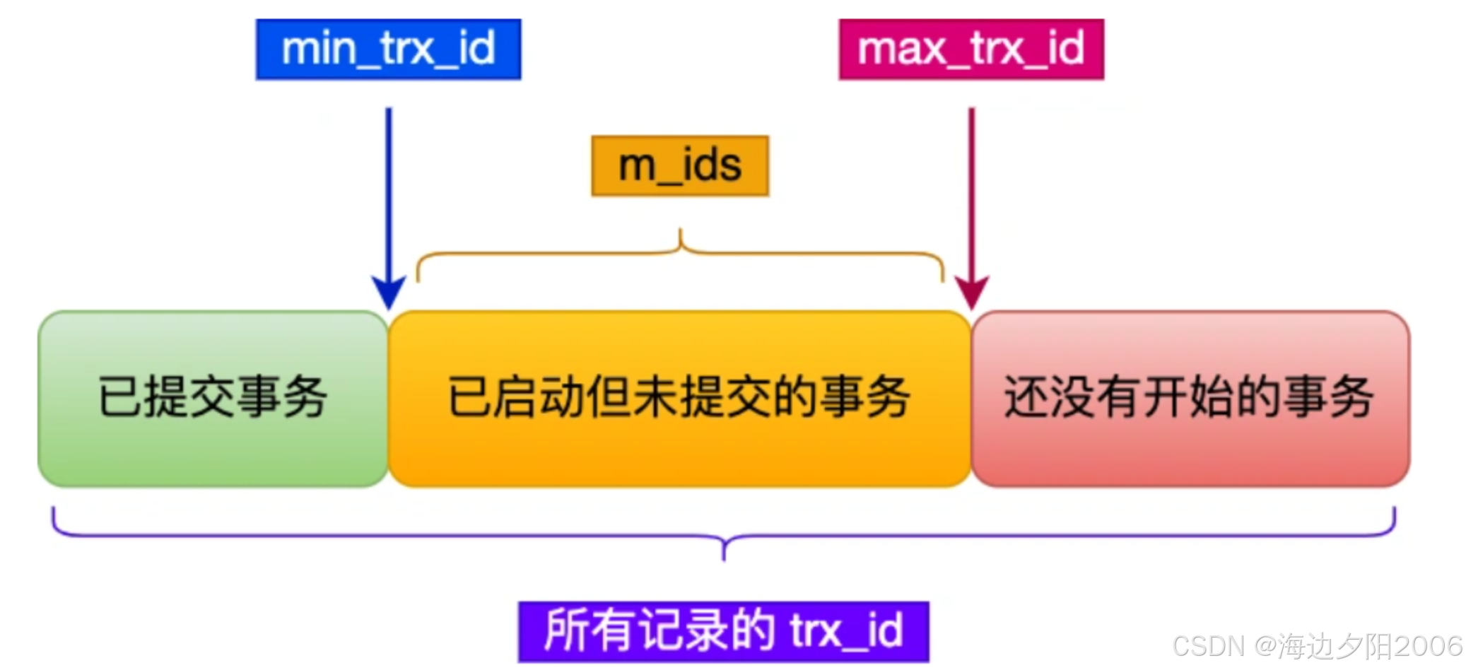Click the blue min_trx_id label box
point(388,49)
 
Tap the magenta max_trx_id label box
point(971,49)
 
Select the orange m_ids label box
point(679,166)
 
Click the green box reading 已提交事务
point(213,399)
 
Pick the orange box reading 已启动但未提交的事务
point(679,399)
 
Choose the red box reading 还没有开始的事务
point(1190,399)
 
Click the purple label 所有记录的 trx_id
point(723,631)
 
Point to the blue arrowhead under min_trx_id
point(388,293)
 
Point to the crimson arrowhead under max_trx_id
point(972,293)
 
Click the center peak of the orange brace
point(680,233)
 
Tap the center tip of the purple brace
point(723,556)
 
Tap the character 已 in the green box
point(119,397)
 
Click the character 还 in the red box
point(1026,397)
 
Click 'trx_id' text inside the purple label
point(846,631)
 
